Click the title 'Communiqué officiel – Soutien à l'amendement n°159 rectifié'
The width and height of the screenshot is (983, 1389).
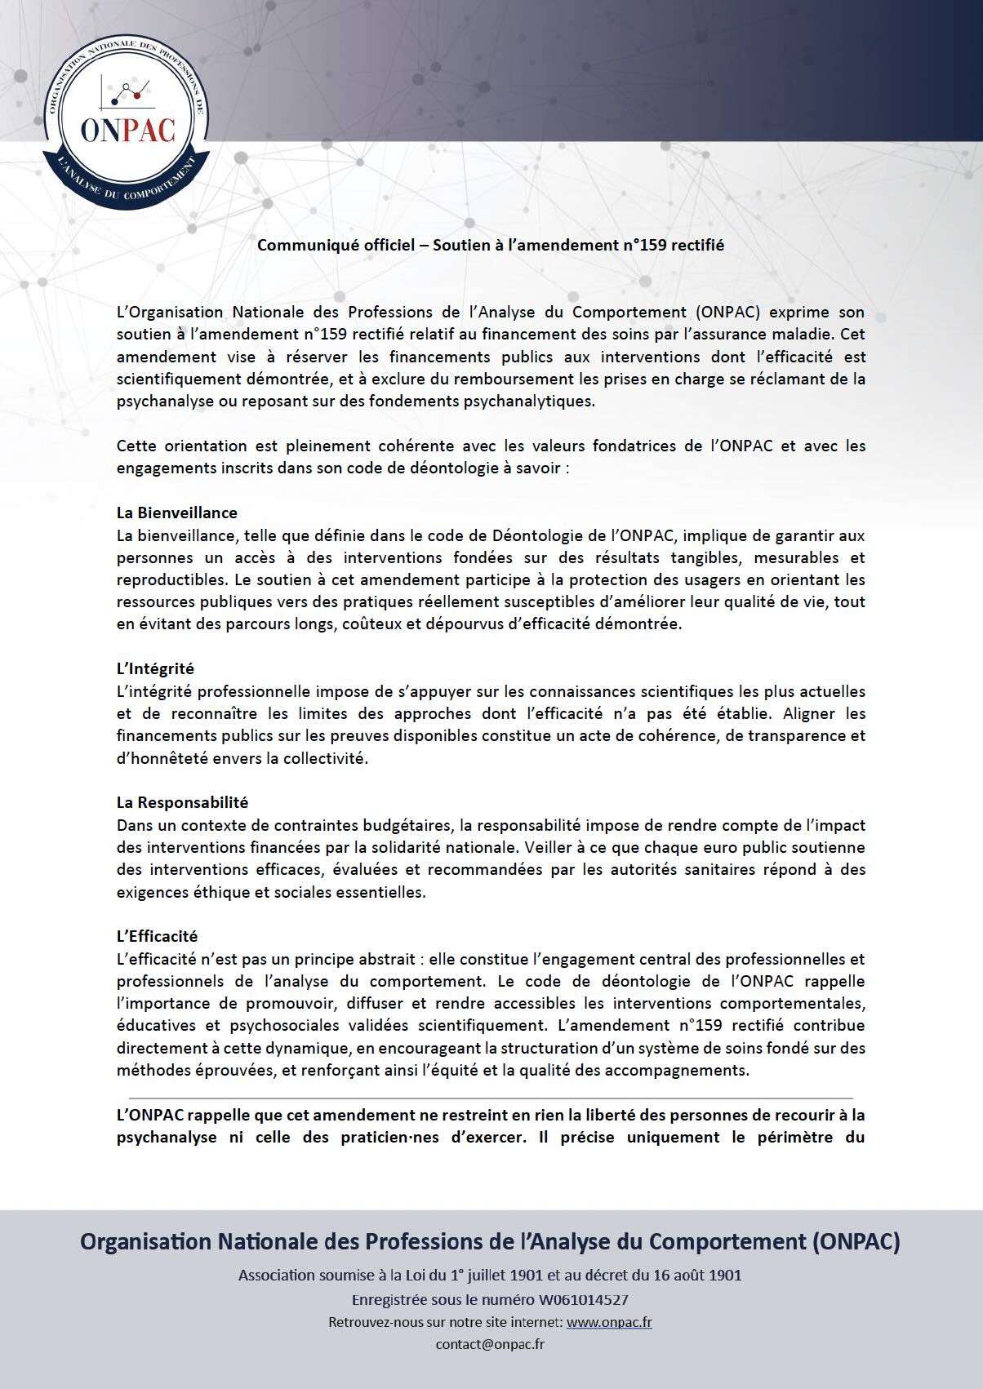[x=491, y=245]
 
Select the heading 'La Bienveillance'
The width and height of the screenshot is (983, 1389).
[x=177, y=513]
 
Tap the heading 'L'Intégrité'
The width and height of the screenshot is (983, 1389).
[x=155, y=668]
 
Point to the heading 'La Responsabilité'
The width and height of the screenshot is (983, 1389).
[x=182, y=802]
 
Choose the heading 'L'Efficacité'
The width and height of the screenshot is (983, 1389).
[x=157, y=936]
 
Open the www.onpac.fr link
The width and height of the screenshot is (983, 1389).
[x=609, y=1322]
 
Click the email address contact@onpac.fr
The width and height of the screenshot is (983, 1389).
[x=490, y=1343]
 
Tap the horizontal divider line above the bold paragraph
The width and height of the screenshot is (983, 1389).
[x=491, y=1098]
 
